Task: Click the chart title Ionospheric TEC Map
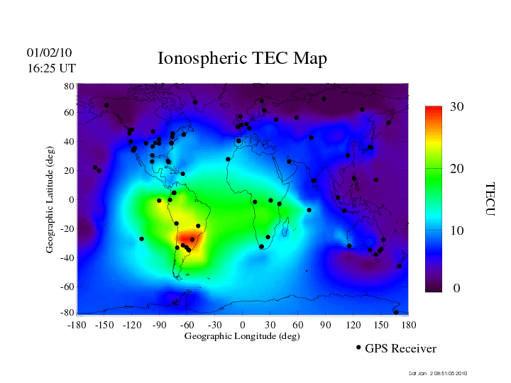242,59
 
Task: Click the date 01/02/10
50,53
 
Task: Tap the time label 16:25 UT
51,69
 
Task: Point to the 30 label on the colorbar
457,107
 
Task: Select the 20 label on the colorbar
457,170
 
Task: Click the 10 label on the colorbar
457,231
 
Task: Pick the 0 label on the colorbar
457,289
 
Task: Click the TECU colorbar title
490,199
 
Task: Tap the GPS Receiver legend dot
358,348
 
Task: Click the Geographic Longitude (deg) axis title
242,336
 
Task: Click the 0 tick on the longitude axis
242,325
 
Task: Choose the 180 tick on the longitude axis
409,325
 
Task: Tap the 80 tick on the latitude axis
69,86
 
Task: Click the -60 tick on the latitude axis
67,287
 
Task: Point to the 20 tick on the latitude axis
69,171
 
